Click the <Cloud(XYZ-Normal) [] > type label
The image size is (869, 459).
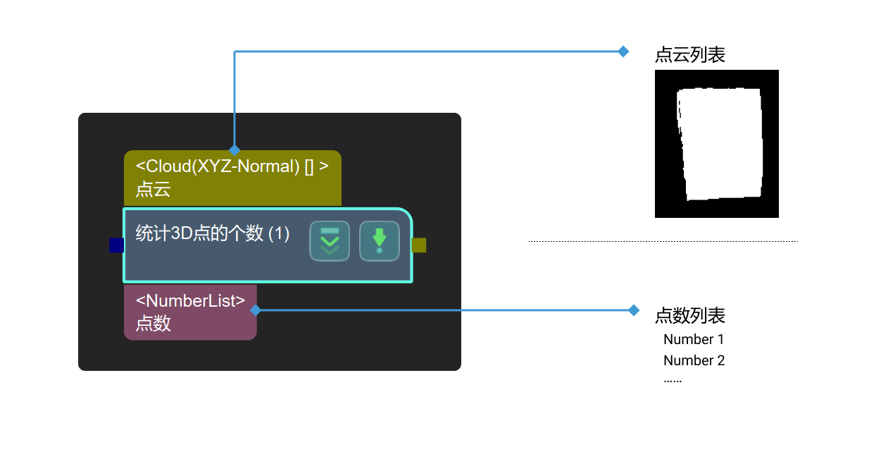(232, 166)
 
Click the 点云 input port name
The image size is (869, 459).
(154, 189)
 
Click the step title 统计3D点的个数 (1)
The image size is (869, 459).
(213, 233)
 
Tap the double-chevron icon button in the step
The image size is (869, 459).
(330, 241)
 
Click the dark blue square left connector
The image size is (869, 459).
(117, 245)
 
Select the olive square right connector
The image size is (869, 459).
(419, 245)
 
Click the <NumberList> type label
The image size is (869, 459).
(190, 301)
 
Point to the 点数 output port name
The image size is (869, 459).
(154, 324)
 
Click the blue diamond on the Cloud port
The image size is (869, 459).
(235, 150)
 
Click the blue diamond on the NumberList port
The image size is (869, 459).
(255, 310)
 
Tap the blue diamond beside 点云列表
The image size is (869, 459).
(623, 51)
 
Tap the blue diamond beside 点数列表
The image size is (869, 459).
(634, 310)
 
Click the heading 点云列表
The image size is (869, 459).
(690, 55)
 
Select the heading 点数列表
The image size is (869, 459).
(690, 315)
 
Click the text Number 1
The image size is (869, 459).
(694, 339)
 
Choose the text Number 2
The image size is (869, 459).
(694, 360)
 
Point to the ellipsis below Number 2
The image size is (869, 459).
(673, 380)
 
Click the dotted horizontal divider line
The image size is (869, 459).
(663, 241)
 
